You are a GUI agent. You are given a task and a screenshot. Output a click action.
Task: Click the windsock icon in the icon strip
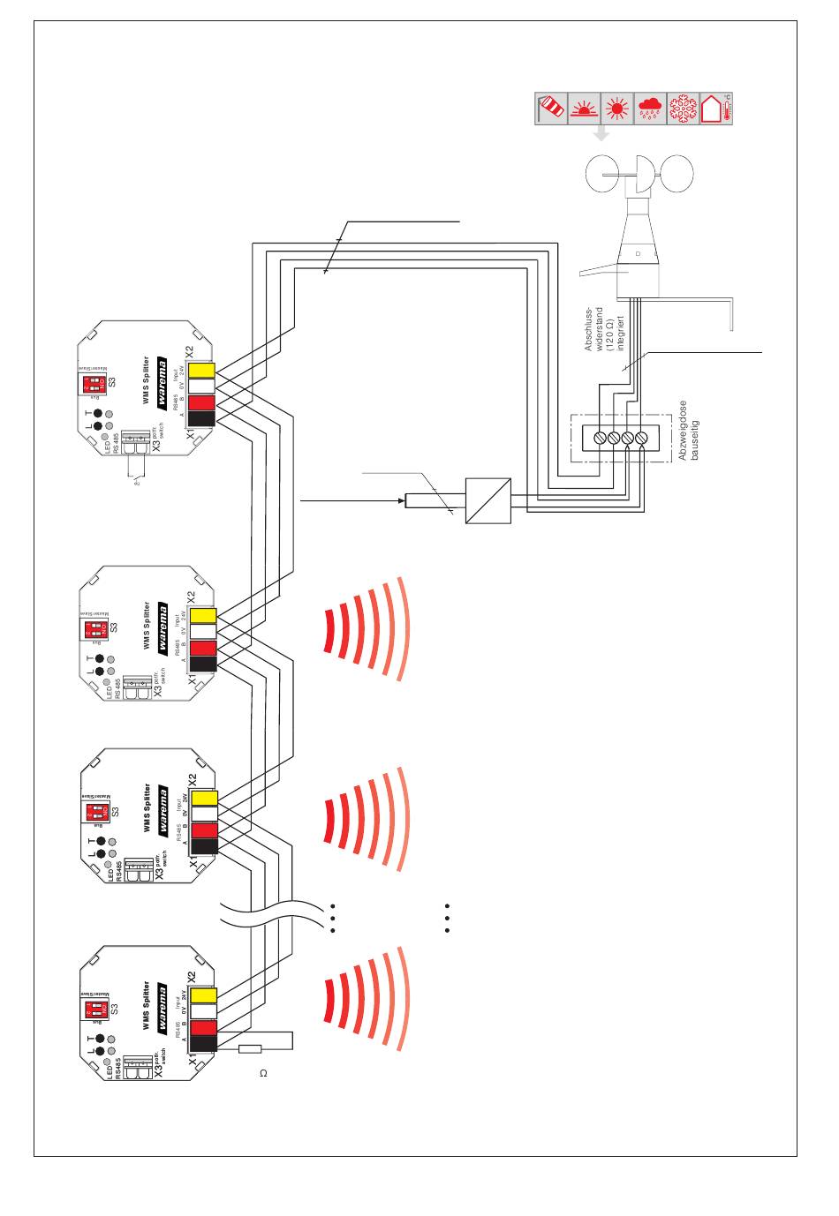(552, 109)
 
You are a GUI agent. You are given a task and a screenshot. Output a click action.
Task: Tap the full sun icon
(617, 109)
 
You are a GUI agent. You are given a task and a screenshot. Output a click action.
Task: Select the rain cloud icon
(650, 109)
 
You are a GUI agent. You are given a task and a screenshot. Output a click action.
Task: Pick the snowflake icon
(683, 109)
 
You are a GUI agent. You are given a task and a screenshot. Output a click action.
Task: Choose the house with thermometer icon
(716, 109)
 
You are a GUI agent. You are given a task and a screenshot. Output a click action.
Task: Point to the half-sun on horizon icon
(585, 109)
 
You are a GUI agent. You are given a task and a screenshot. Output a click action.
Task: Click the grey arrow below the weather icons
(601, 133)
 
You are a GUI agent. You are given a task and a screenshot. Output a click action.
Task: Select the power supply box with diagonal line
(488, 501)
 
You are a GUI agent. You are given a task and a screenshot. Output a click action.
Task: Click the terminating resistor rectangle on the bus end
(252, 1049)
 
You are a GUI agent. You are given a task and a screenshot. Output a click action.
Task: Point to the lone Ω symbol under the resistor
(262, 1074)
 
